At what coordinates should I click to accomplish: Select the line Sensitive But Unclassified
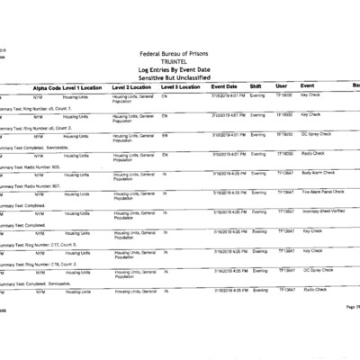pos(180,77)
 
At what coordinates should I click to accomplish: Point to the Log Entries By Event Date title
pos(180,69)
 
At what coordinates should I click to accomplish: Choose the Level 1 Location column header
pos(87,86)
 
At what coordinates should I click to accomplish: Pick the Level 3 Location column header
pos(179,86)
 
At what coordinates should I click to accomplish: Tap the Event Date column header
pos(223,86)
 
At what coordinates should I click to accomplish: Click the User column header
pos(281,86)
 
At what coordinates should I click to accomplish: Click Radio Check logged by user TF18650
pos(314,152)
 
